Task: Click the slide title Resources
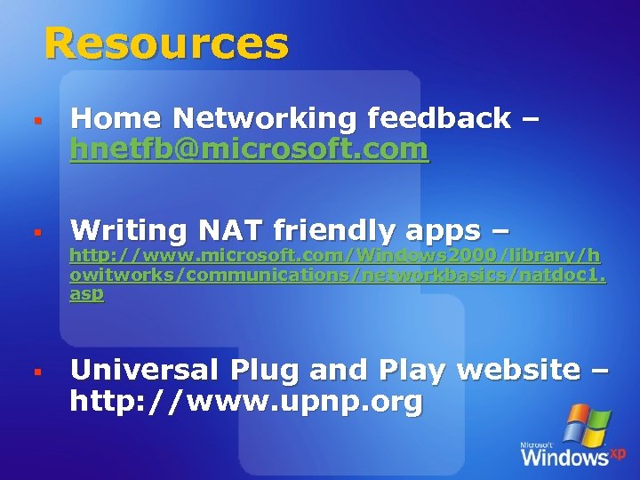tap(166, 43)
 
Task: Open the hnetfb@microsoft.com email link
tap(249, 150)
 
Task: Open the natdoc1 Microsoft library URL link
tap(336, 275)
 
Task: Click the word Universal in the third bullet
tap(147, 369)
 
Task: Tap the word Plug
tap(268, 369)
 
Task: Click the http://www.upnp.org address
tap(246, 403)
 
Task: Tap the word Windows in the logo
tap(564, 457)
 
